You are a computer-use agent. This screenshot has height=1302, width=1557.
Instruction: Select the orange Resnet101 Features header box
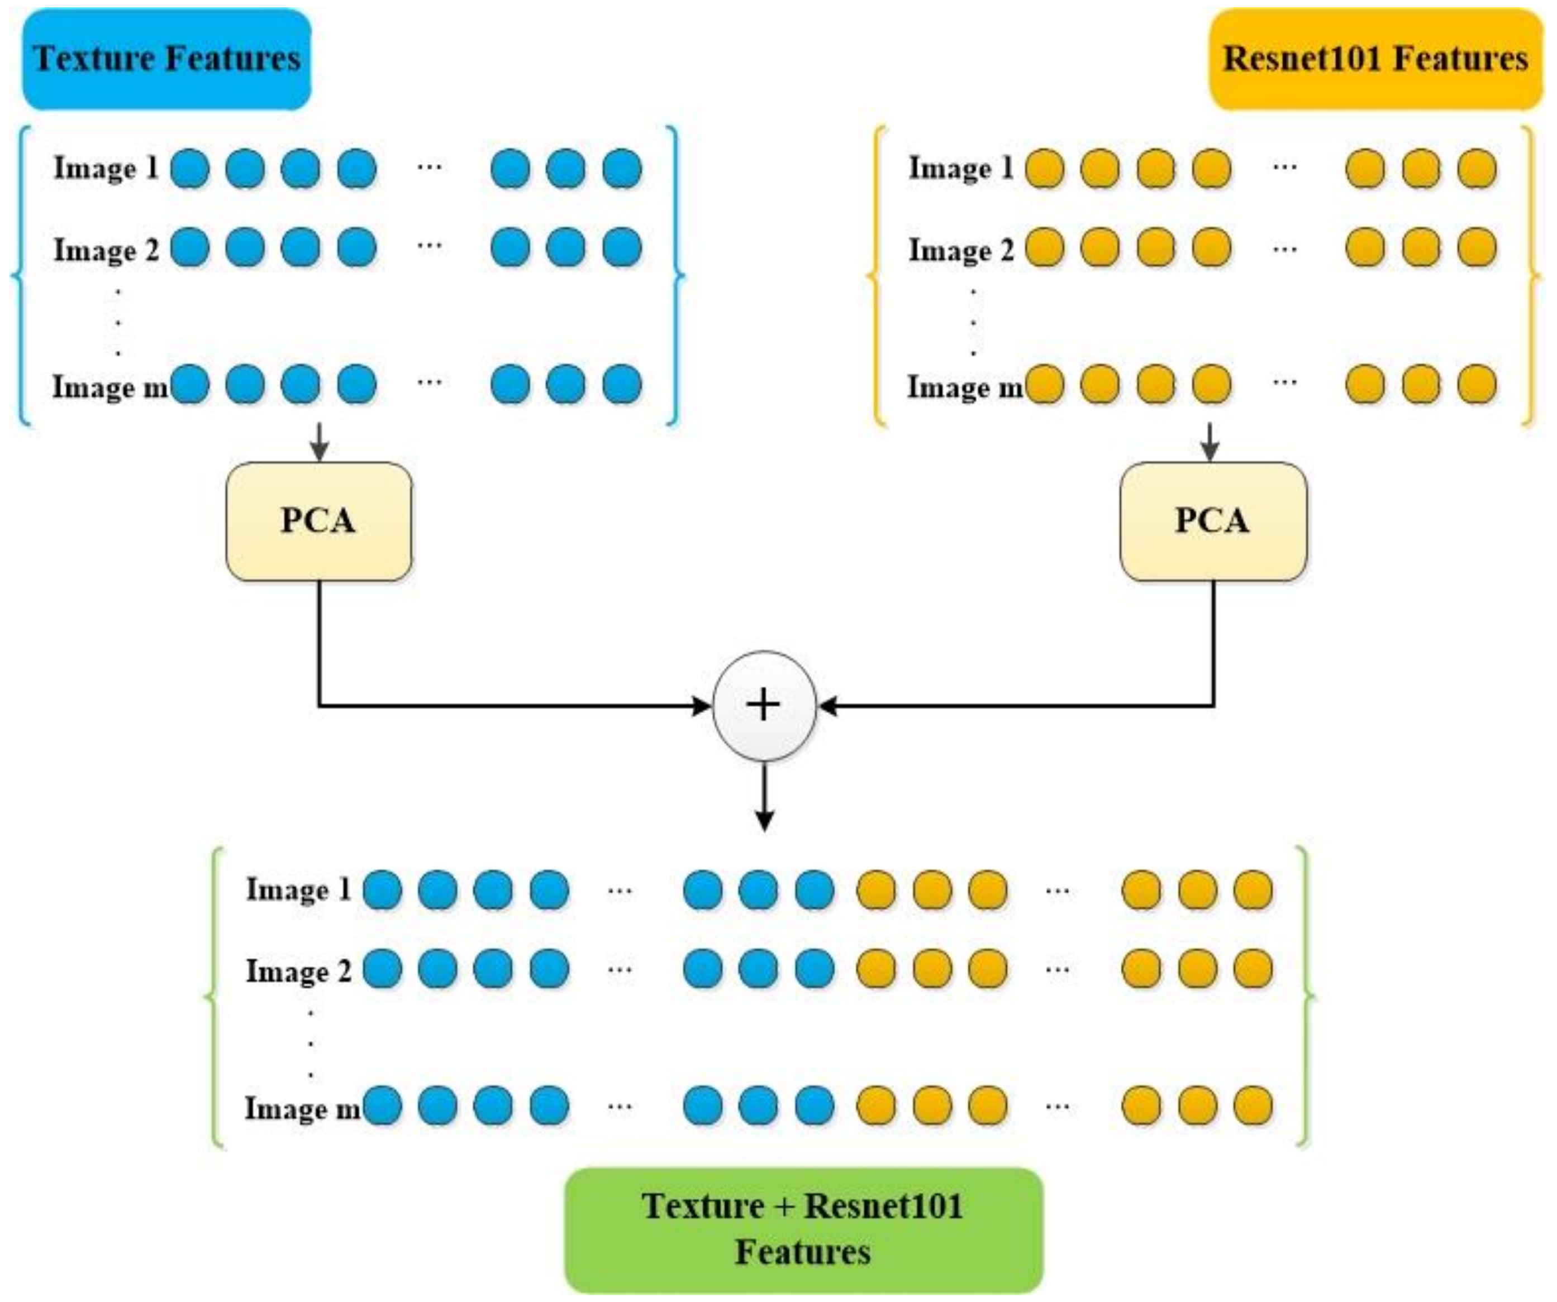coord(1376,59)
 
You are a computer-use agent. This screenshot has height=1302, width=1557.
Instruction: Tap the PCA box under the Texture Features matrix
coord(319,521)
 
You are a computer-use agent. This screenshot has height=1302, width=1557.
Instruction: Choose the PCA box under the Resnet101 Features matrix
coord(1213,521)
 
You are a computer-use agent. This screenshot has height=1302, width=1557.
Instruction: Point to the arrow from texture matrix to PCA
coord(319,442)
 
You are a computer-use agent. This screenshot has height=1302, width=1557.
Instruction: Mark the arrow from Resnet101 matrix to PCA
coord(1210,442)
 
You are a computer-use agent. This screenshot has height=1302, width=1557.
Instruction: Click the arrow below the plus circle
coord(764,797)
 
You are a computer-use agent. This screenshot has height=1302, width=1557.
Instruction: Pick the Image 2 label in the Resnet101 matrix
coord(961,250)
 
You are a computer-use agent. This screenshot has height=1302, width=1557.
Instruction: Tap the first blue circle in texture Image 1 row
coord(190,169)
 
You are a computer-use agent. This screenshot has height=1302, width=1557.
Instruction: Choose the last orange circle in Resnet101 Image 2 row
coord(1477,247)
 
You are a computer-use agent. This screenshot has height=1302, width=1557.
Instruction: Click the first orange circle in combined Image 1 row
coord(877,890)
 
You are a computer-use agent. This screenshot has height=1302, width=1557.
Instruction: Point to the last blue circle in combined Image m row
coord(814,1105)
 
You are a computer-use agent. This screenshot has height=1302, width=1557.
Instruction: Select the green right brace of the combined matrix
coord(1306,997)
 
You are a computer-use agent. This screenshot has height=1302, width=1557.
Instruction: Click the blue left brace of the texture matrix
coord(21,276)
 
